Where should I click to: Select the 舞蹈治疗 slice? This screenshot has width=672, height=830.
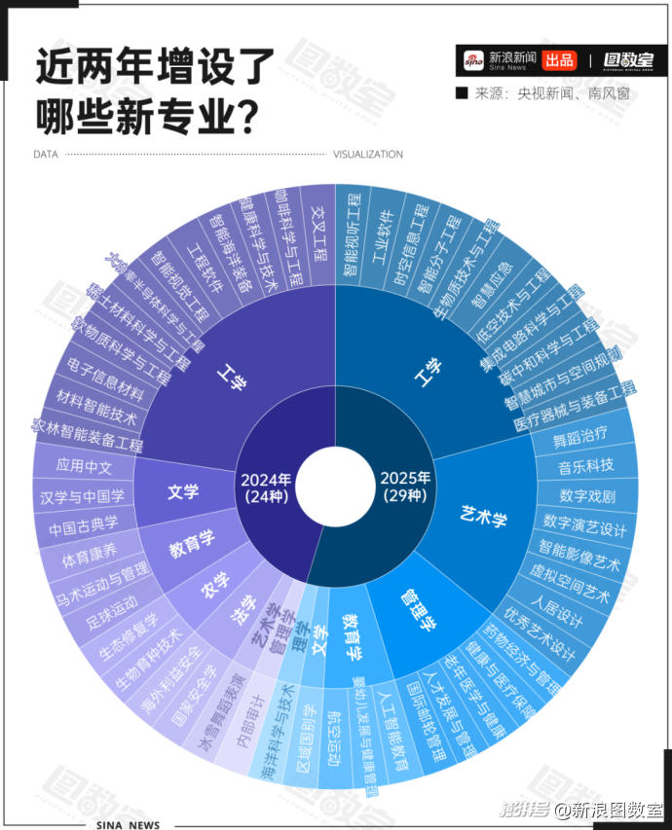point(580,433)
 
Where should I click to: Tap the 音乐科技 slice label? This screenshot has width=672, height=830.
point(586,465)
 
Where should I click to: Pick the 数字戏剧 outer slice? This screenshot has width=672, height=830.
point(587,497)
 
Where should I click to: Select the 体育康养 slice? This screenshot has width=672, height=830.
point(90,559)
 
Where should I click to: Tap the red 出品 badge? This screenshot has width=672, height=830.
point(559,60)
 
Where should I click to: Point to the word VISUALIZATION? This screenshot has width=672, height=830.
point(368,155)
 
